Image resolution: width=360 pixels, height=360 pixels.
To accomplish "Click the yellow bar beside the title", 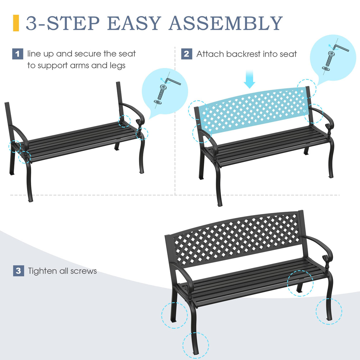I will (x=16, y=23).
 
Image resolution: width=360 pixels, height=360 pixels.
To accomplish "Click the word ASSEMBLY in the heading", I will (x=226, y=23).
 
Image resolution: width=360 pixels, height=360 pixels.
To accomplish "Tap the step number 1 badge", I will (x=17, y=54).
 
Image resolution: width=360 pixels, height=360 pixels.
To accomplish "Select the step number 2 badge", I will (x=187, y=54).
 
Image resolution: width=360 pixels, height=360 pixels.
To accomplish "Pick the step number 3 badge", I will (x=18, y=271).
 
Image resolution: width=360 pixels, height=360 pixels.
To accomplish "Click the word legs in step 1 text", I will (x=117, y=66).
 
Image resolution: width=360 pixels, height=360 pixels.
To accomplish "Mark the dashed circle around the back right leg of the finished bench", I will (x=300, y=283).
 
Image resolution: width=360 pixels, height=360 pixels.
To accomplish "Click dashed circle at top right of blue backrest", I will (x=307, y=88).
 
